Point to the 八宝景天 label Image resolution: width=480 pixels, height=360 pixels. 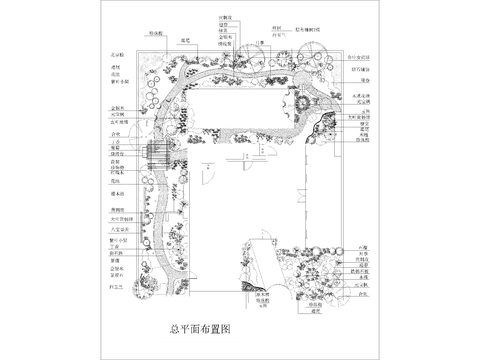(116, 229)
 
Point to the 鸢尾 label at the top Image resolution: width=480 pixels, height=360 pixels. (185, 41)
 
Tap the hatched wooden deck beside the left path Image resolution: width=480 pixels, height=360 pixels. (156, 154)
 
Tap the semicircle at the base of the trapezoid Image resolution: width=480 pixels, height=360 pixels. (263, 291)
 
